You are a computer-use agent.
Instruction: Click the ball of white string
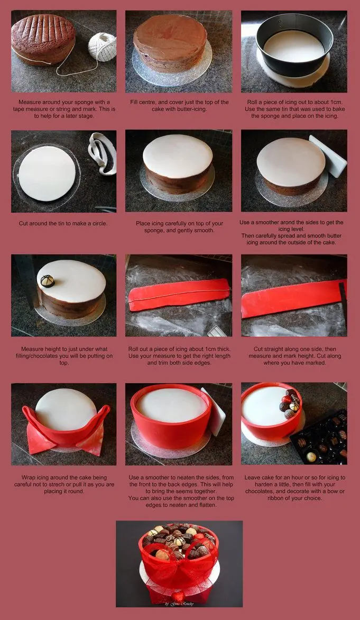[102, 47]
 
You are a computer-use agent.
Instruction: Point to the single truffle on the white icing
[48, 281]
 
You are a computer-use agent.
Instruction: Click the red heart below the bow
[178, 596]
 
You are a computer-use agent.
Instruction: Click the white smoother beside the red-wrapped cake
[214, 411]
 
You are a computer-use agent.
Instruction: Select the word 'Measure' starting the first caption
[30, 102]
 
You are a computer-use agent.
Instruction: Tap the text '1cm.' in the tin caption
[336, 102]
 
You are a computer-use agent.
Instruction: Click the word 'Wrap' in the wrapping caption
[29, 478]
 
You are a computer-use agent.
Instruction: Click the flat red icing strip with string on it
[179, 294]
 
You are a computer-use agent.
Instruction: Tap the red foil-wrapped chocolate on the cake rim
[286, 399]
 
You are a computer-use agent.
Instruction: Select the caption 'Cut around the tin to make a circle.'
[63, 223]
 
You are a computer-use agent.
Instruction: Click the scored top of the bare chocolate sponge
[43, 30]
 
